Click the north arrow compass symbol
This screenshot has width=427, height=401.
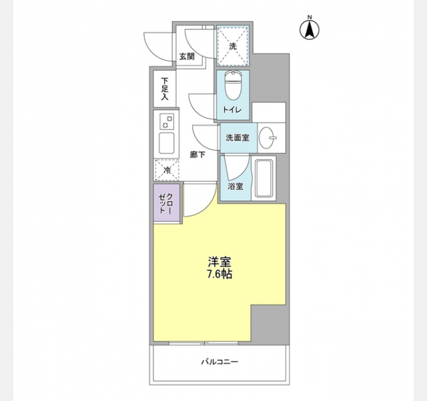310,29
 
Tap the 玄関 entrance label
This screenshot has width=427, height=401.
187,57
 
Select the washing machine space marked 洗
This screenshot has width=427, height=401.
233,46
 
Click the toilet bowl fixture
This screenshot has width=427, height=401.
233,85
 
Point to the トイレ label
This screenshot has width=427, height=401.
232,110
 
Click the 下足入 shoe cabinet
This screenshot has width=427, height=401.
165,89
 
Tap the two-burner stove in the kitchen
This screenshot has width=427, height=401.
166,122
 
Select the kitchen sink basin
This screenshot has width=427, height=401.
167,143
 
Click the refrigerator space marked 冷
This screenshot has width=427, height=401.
167,170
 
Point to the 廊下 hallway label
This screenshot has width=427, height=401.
197,155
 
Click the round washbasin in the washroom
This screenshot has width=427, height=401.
267,138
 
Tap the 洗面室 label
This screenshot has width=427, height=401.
238,138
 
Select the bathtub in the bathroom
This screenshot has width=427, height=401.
264,178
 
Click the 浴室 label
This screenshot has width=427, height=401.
236,186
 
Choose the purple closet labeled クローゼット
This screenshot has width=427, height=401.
166,203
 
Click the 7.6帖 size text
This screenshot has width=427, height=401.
220,274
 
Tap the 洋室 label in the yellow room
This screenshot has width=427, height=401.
220,262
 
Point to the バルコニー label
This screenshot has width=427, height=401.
220,362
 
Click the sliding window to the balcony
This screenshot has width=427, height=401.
203,343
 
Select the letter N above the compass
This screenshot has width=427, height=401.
310,17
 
